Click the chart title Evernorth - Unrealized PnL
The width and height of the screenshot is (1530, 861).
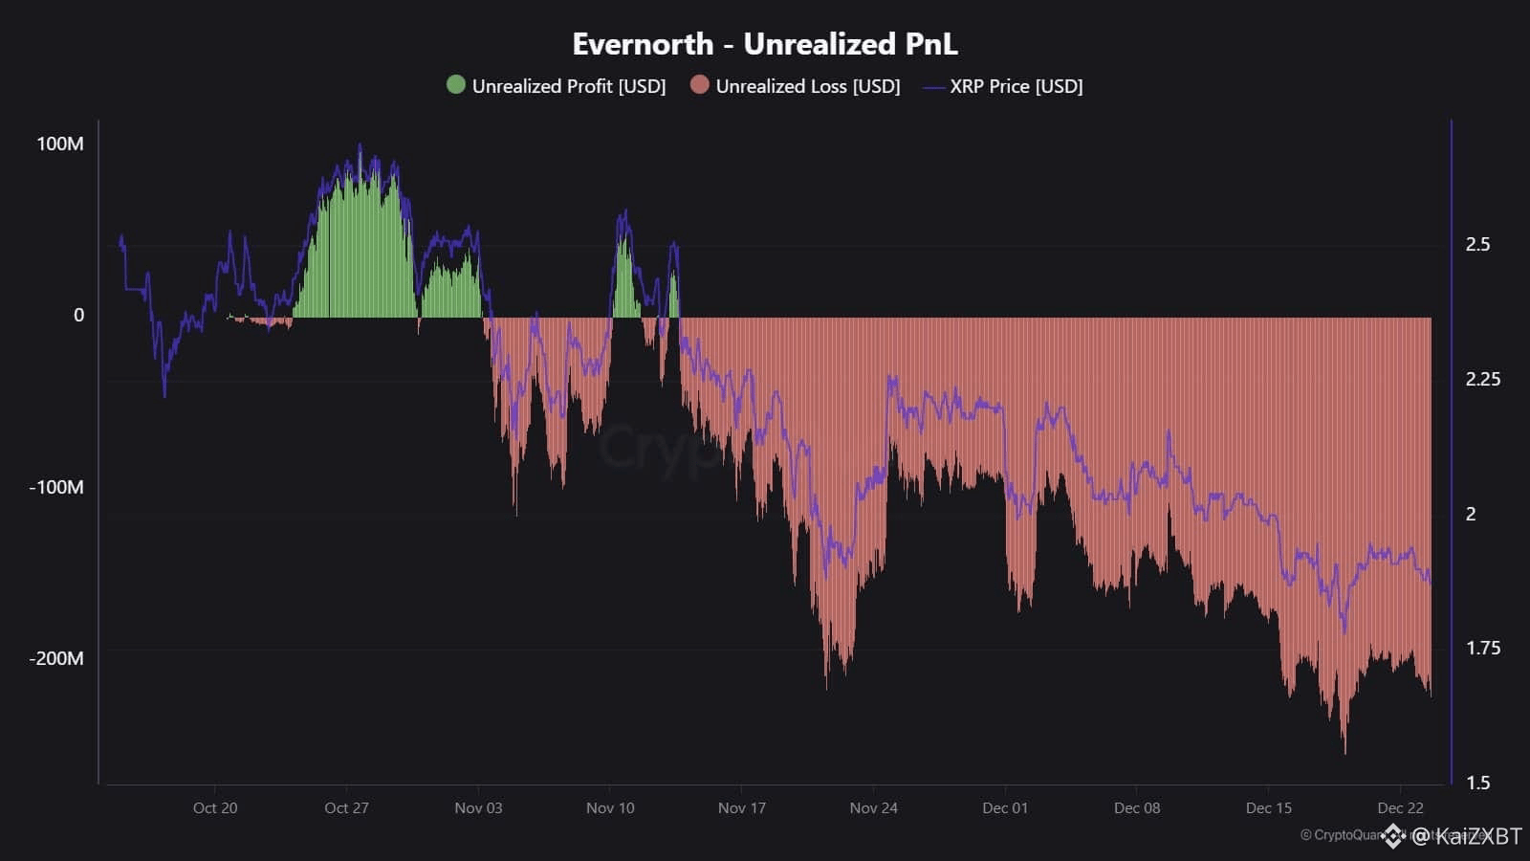[x=764, y=44]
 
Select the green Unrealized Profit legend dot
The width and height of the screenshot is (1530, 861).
[x=456, y=85]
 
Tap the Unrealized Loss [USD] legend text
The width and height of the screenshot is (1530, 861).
[x=807, y=86]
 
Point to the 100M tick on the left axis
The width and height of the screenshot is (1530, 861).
[x=59, y=143]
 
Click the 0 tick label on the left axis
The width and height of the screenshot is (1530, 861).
[x=78, y=315]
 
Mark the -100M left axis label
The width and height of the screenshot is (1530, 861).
[x=55, y=487]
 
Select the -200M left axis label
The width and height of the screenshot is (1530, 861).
[x=55, y=658]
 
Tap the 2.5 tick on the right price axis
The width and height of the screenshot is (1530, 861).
[x=1477, y=244]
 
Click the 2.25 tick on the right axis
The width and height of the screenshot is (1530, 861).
[x=1482, y=379]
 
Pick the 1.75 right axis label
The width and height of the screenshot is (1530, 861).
[x=1482, y=648]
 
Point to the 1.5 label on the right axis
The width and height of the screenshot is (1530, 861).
[x=1477, y=783]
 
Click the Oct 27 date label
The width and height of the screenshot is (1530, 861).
[x=346, y=807]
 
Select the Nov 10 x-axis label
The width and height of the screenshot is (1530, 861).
[x=610, y=807]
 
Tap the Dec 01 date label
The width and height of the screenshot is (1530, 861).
[x=1005, y=807]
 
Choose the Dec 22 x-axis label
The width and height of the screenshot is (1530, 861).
[x=1400, y=807]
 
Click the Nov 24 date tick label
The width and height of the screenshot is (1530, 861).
[x=873, y=807]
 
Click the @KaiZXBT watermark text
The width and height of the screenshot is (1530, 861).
[x=1466, y=836]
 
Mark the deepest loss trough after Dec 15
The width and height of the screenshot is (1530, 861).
[x=1344, y=751]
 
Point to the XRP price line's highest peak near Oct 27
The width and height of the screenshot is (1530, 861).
[x=360, y=146]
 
